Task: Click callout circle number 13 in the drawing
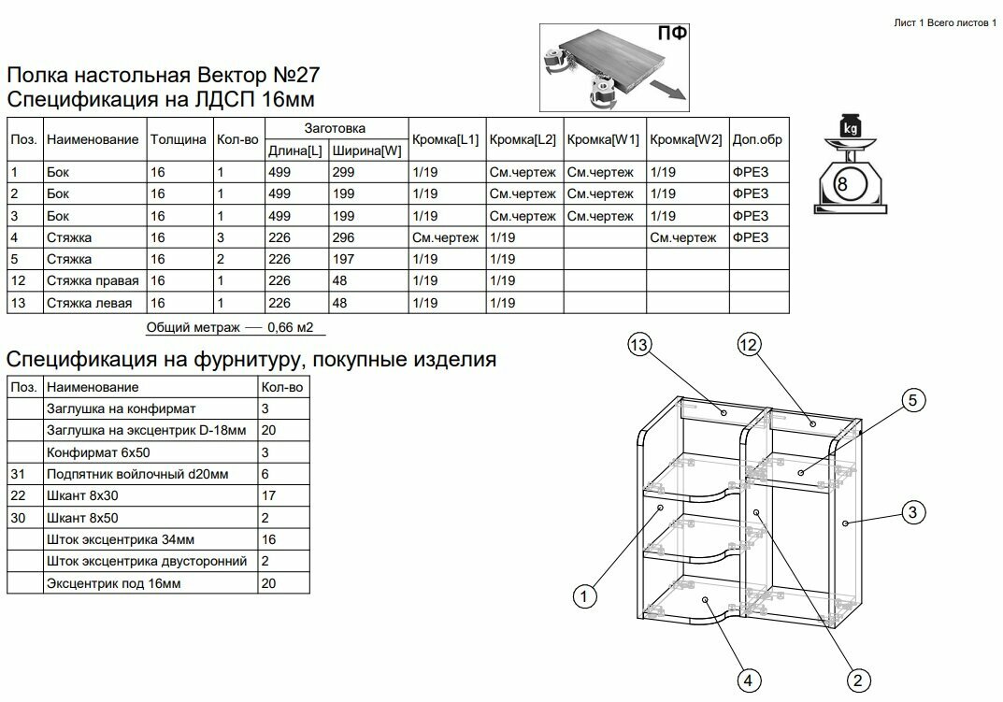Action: (x=638, y=346)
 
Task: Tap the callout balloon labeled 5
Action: (x=913, y=401)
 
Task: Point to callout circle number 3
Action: (x=914, y=511)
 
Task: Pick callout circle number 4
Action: (x=747, y=680)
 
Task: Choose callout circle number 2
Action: (x=857, y=680)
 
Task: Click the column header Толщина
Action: (x=178, y=139)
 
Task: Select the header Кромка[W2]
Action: (x=685, y=139)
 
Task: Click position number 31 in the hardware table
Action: (x=18, y=474)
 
